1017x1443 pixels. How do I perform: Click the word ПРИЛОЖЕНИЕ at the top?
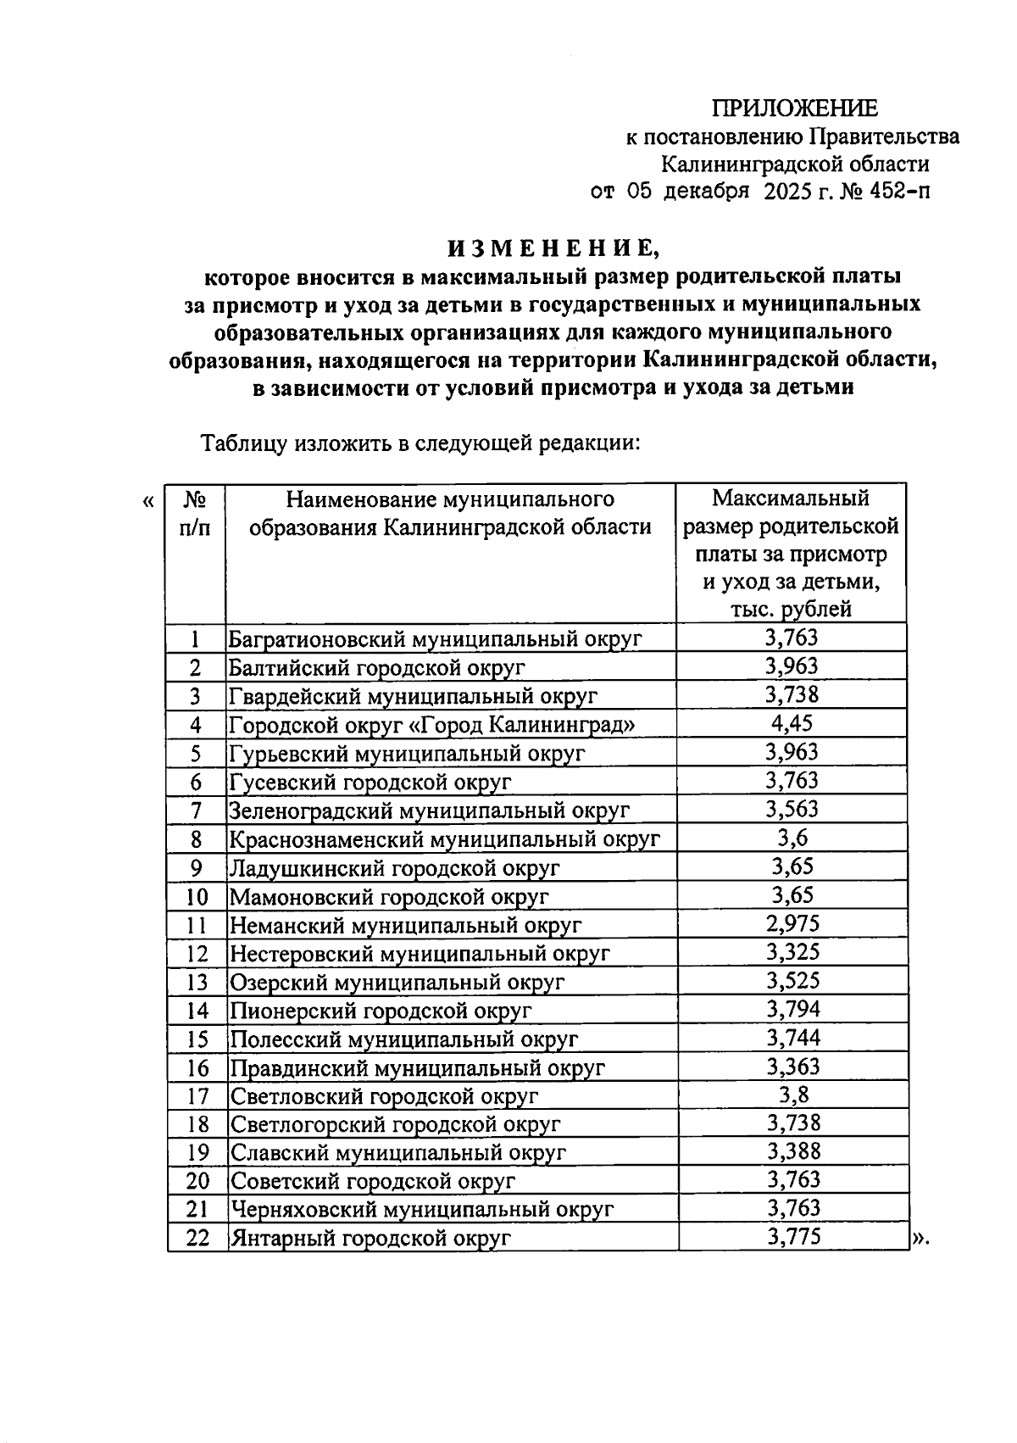pyautogui.click(x=794, y=109)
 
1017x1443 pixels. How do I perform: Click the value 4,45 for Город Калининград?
pyautogui.click(x=792, y=723)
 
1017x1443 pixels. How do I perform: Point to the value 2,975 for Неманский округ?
pyautogui.click(x=792, y=923)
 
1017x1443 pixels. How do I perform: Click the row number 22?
pyautogui.click(x=197, y=1237)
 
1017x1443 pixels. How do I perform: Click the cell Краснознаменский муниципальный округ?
pyautogui.click(x=444, y=839)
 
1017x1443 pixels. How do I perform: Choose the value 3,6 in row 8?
pyautogui.click(x=792, y=838)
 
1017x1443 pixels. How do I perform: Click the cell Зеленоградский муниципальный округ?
pyautogui.click(x=430, y=811)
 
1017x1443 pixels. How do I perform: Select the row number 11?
pyautogui.click(x=197, y=925)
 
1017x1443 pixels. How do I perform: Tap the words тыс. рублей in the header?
pyautogui.click(x=791, y=609)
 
